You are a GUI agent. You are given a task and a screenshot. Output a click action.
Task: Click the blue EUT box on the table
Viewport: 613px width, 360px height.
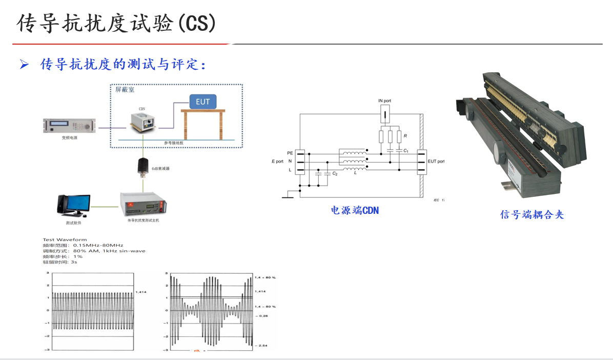[x=203, y=102]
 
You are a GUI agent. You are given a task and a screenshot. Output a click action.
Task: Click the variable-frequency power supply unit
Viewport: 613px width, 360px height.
[x=70, y=125]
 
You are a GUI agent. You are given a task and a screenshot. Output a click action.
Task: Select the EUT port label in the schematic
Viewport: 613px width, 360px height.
[x=436, y=161]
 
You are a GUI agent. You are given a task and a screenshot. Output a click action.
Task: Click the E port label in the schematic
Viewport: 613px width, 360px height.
[x=277, y=162]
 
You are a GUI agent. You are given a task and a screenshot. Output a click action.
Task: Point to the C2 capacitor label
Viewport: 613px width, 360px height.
[x=335, y=174]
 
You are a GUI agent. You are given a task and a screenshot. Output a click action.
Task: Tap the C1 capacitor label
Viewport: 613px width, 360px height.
[x=406, y=151]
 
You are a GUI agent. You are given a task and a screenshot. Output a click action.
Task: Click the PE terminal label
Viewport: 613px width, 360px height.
[x=290, y=153]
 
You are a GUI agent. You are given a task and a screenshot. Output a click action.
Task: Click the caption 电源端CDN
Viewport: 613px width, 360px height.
[x=355, y=210]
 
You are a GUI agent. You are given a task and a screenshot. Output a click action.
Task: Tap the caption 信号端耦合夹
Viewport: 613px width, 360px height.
[x=532, y=214]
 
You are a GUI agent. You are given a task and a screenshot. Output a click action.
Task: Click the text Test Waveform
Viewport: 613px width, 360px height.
[x=65, y=239]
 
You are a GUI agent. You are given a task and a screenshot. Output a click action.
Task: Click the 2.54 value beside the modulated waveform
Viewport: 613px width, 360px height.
[x=263, y=346]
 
